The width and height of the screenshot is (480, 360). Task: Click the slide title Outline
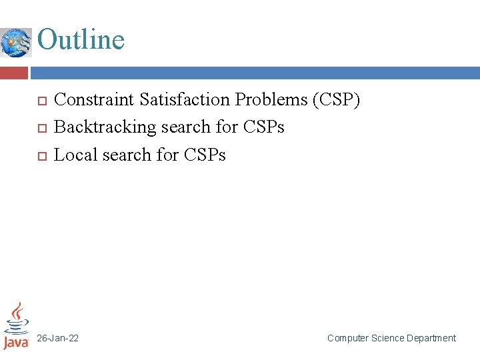point(81,39)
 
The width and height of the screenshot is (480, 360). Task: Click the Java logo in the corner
point(16,326)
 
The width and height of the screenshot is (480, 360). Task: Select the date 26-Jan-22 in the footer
point(57,339)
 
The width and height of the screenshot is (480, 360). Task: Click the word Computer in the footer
point(348,339)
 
